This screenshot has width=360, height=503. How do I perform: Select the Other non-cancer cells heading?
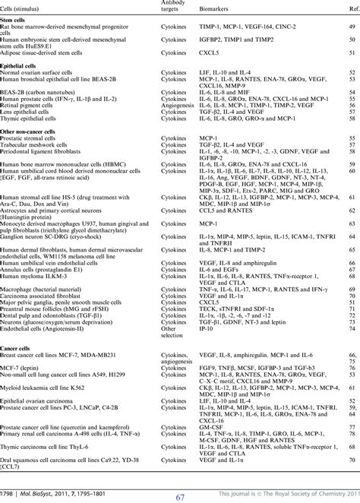(x=36, y=133)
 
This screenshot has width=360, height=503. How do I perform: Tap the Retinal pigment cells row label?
(x=32, y=108)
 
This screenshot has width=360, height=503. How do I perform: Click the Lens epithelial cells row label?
(x=32, y=114)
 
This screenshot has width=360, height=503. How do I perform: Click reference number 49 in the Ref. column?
(x=352, y=27)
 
